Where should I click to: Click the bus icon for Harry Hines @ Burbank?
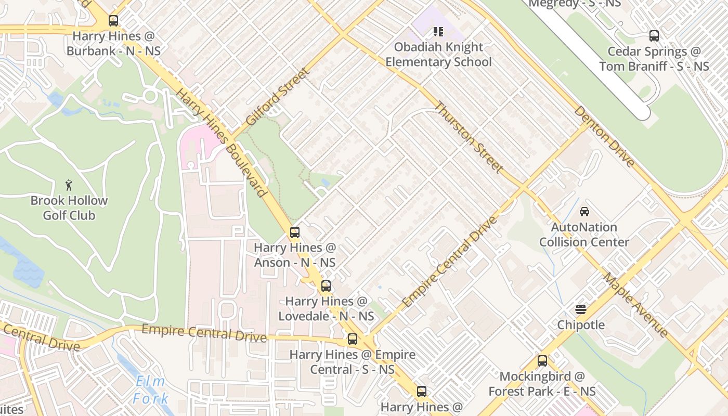point(113,21)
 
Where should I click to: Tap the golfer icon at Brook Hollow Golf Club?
point(69,185)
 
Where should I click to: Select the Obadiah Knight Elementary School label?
point(438,55)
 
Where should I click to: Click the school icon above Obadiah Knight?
point(438,32)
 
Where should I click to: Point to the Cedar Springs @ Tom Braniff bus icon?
point(654,36)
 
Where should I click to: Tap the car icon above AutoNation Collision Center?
point(584,212)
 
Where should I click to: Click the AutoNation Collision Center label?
point(584,235)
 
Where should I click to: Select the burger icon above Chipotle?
point(581,309)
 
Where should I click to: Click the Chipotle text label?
point(581,325)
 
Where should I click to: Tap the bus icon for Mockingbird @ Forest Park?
point(542,360)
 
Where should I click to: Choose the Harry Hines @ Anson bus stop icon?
point(295,232)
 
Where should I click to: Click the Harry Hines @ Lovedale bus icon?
point(326,285)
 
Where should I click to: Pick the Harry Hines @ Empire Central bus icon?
point(353,339)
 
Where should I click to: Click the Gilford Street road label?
point(277,96)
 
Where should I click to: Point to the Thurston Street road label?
point(469,137)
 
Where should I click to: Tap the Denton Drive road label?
point(605,137)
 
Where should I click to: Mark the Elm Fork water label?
point(150,390)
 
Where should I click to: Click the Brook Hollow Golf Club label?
point(69,207)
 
